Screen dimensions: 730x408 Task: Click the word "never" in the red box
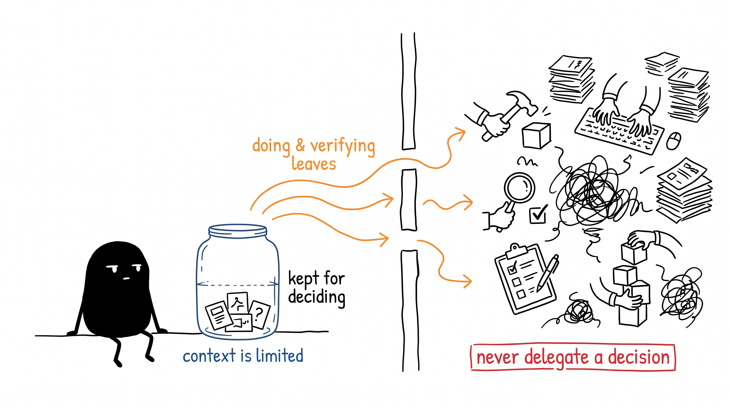click(x=497, y=358)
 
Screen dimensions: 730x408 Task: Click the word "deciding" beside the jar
click(x=316, y=297)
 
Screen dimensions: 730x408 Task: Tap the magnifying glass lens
click(x=519, y=188)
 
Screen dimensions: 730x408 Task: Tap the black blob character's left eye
click(x=112, y=268)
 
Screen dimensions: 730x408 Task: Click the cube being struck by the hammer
click(x=536, y=136)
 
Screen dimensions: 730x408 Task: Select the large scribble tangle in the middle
click(x=589, y=192)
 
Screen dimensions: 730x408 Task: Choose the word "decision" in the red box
click(x=639, y=357)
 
